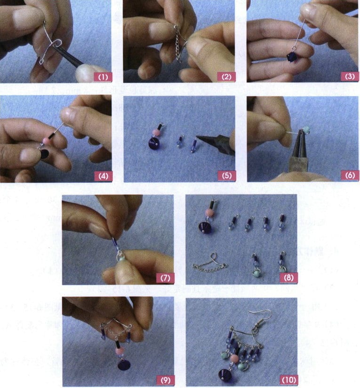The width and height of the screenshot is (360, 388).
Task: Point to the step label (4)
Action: (x=102, y=175)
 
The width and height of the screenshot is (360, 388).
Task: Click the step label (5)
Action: (x=225, y=175)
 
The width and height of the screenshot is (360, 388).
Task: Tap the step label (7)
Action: (x=164, y=278)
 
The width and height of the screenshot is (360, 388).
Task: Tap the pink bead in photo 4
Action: (x=47, y=141)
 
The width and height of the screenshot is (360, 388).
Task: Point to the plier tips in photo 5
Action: (x=200, y=138)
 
